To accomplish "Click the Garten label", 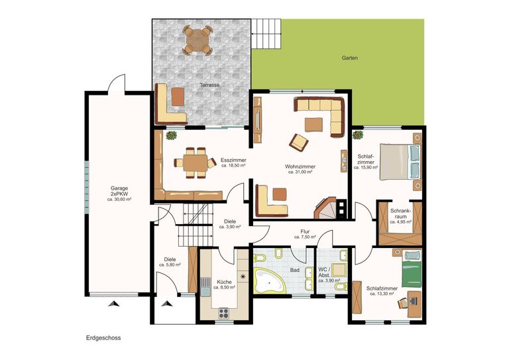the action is pos(350,58).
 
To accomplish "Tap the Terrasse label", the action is pos(209,85).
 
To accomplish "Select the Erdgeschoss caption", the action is pos(103,338).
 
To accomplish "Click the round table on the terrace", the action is pos(198,40).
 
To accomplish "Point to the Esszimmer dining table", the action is pos(195,162).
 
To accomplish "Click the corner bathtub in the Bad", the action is pos(268,280).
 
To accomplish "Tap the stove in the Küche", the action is pos(223,313).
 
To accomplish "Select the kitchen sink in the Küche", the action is pos(205,287).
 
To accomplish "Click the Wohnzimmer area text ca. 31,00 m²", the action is pos(300,172).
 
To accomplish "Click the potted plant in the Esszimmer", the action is pos(171,135).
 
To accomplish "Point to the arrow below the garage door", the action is pos(113,304).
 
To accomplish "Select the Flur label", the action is pos(305,232).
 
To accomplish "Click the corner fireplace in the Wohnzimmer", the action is pos(325,208).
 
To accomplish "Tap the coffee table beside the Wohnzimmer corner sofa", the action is pos(314,125).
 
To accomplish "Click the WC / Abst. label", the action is pos(324,272).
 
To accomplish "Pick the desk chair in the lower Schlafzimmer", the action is pos(404,302).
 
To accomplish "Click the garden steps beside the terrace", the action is pos(266,33).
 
